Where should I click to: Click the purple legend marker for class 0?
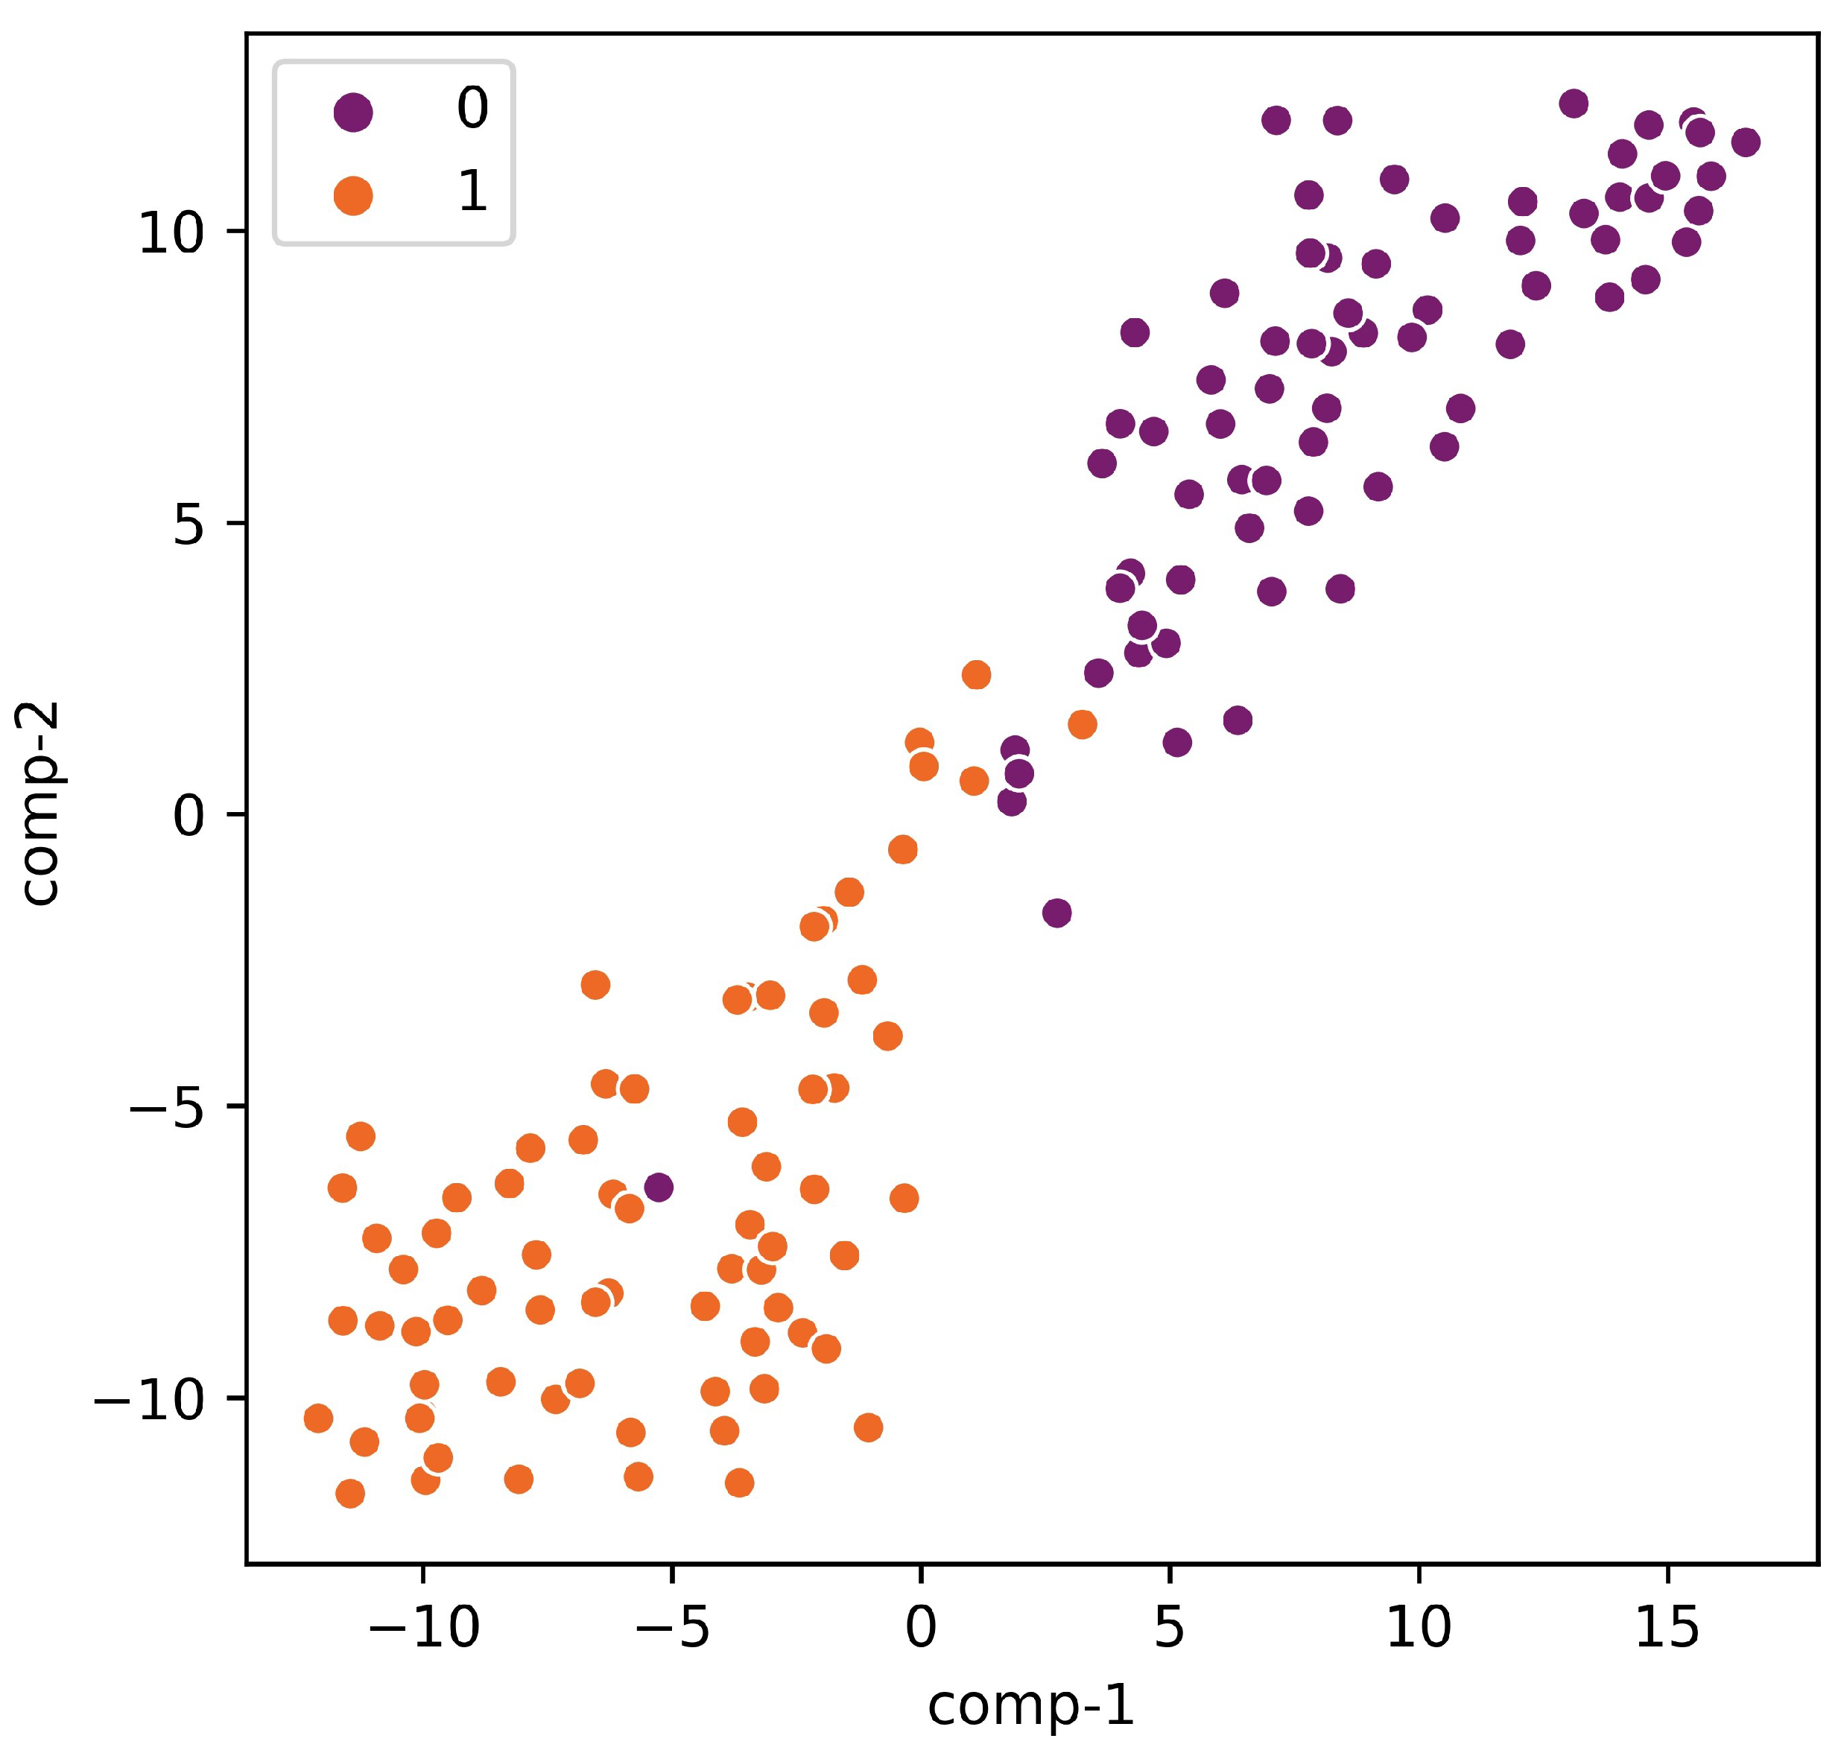[x=353, y=113]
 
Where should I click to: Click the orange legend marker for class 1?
[x=353, y=195]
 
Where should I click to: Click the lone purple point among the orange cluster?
[x=658, y=1188]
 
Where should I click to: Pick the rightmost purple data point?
[x=1745, y=142]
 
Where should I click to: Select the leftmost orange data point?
[x=319, y=1418]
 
